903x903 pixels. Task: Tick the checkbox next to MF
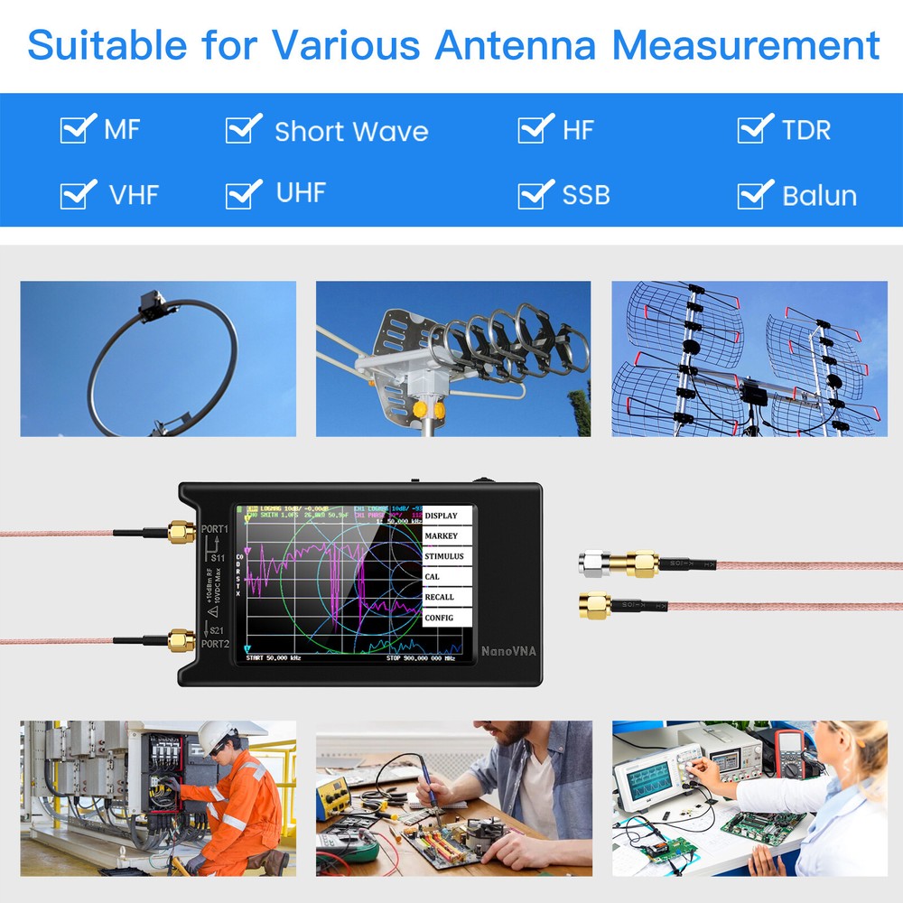[77, 129]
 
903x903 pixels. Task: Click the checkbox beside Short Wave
[242, 129]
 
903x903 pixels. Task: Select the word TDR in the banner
[805, 130]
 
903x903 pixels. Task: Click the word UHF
[300, 192]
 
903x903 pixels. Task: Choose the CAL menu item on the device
[447, 576]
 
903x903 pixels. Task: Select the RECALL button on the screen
[447, 597]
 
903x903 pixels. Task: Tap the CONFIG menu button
[447, 618]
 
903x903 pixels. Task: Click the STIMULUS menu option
[447, 556]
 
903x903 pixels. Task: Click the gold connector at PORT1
[181, 531]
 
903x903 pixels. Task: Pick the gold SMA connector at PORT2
[181, 642]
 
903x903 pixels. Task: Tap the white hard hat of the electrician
[217, 733]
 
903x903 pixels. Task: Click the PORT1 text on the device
[215, 529]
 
